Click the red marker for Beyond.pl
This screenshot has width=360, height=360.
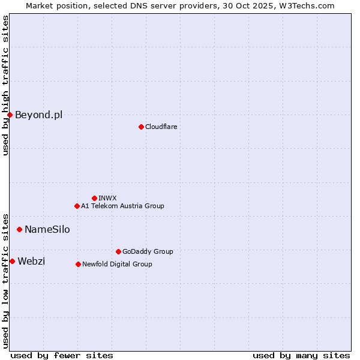(x=10, y=115)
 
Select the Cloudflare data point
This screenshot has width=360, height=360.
(x=141, y=127)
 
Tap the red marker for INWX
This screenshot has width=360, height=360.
(x=94, y=198)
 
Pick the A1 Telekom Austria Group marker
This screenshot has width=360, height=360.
(x=77, y=206)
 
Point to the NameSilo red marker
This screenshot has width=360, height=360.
(x=19, y=229)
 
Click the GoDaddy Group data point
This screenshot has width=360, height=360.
(x=118, y=251)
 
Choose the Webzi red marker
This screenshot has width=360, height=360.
(x=12, y=261)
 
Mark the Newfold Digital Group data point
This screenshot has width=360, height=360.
(x=78, y=264)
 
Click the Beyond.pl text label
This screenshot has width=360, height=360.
(x=38, y=115)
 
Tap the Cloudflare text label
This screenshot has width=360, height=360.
(x=161, y=127)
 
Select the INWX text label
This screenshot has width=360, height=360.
(x=107, y=198)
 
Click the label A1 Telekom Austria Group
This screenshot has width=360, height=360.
(x=122, y=206)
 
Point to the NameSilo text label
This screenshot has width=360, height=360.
(x=47, y=229)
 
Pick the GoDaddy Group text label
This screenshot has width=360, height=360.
(x=148, y=251)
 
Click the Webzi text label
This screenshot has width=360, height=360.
(x=31, y=261)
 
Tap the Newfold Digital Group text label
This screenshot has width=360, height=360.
(x=117, y=264)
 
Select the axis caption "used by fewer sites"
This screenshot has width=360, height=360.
(x=62, y=355)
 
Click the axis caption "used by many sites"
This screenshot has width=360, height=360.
(x=301, y=355)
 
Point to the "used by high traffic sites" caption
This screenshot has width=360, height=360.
(x=5, y=85)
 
